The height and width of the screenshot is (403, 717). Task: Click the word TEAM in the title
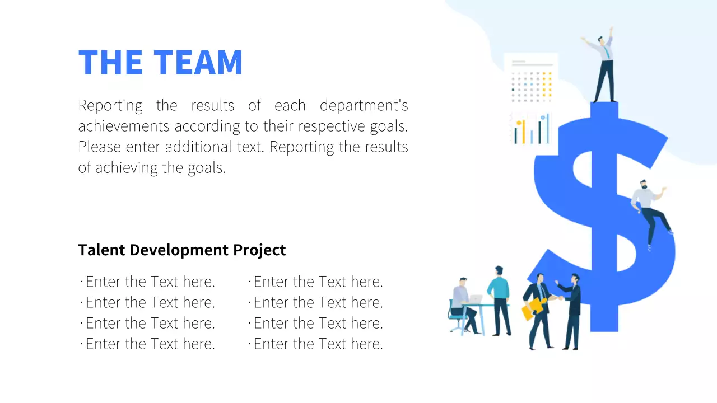click(x=198, y=62)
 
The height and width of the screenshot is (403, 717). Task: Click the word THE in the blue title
click(x=110, y=62)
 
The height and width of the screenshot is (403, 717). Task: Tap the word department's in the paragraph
click(x=364, y=105)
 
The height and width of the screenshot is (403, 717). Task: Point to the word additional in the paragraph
click(x=197, y=147)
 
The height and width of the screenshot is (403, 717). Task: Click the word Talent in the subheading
click(x=101, y=250)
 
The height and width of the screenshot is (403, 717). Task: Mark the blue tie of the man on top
click(x=606, y=53)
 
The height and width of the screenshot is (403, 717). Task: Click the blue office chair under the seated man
click(x=457, y=319)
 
